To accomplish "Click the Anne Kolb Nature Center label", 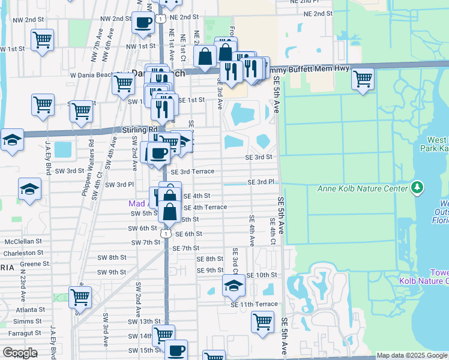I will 363,189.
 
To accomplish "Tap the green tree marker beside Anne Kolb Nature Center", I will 417,189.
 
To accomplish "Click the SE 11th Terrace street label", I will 254,304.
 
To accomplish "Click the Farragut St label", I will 22,332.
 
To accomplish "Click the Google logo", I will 20,352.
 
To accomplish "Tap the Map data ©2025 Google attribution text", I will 411,355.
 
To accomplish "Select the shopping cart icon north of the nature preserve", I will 363,79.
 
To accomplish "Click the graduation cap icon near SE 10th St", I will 234,284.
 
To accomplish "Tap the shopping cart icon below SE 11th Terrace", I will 262,322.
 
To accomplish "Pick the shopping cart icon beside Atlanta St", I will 79,296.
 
